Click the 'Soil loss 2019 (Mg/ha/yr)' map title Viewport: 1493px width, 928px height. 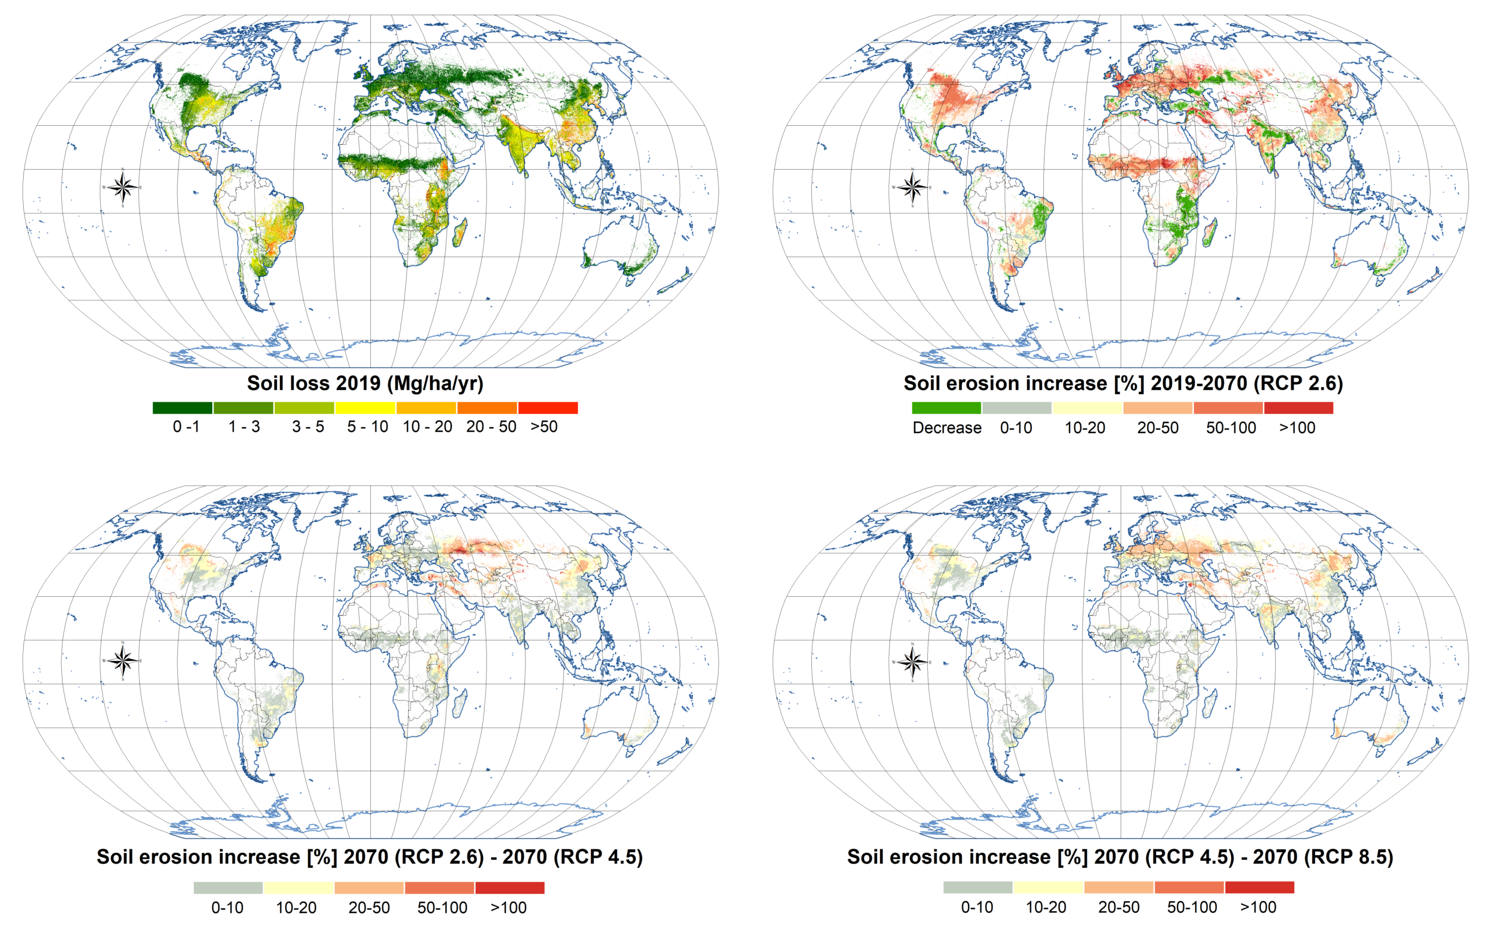365,383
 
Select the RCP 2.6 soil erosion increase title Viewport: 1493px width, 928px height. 1123,383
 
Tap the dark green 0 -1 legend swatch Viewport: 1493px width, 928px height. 183,408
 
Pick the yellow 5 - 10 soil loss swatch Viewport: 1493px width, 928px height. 365,408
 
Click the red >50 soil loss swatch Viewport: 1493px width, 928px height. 548,408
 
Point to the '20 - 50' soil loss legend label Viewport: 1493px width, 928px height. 490,427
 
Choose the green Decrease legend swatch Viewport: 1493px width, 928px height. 946,408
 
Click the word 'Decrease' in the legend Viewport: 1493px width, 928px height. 947,428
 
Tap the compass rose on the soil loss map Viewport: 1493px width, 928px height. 123,187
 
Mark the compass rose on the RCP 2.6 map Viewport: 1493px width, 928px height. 912,187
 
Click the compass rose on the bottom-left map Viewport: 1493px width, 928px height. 123,661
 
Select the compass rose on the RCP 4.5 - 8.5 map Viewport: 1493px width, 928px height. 912,661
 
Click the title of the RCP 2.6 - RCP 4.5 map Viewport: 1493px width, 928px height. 370,857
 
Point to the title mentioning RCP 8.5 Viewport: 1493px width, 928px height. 1120,857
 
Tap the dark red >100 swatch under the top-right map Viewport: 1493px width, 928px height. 1298,408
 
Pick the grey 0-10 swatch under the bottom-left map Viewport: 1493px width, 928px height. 228,888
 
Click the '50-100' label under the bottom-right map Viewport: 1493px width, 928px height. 1191,907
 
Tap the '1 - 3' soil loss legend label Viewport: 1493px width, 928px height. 244,427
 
